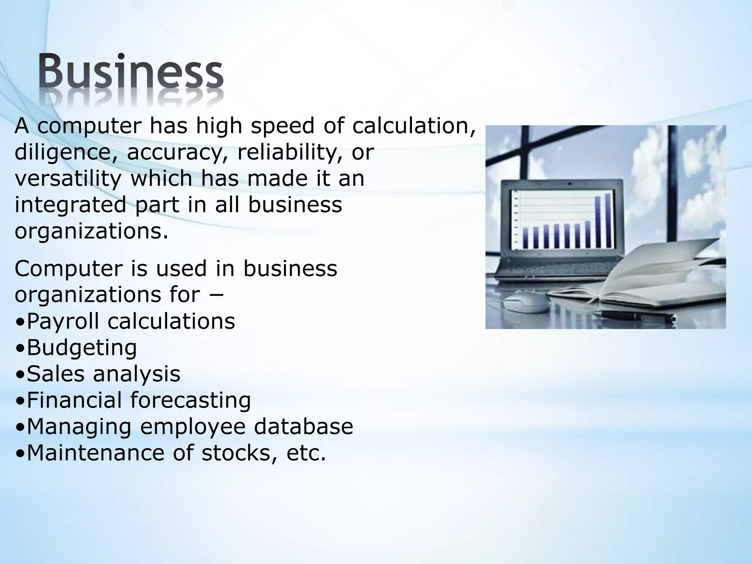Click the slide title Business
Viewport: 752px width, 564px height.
(x=130, y=72)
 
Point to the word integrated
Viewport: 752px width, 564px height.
(x=70, y=205)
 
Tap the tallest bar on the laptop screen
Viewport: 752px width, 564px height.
(x=608, y=220)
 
